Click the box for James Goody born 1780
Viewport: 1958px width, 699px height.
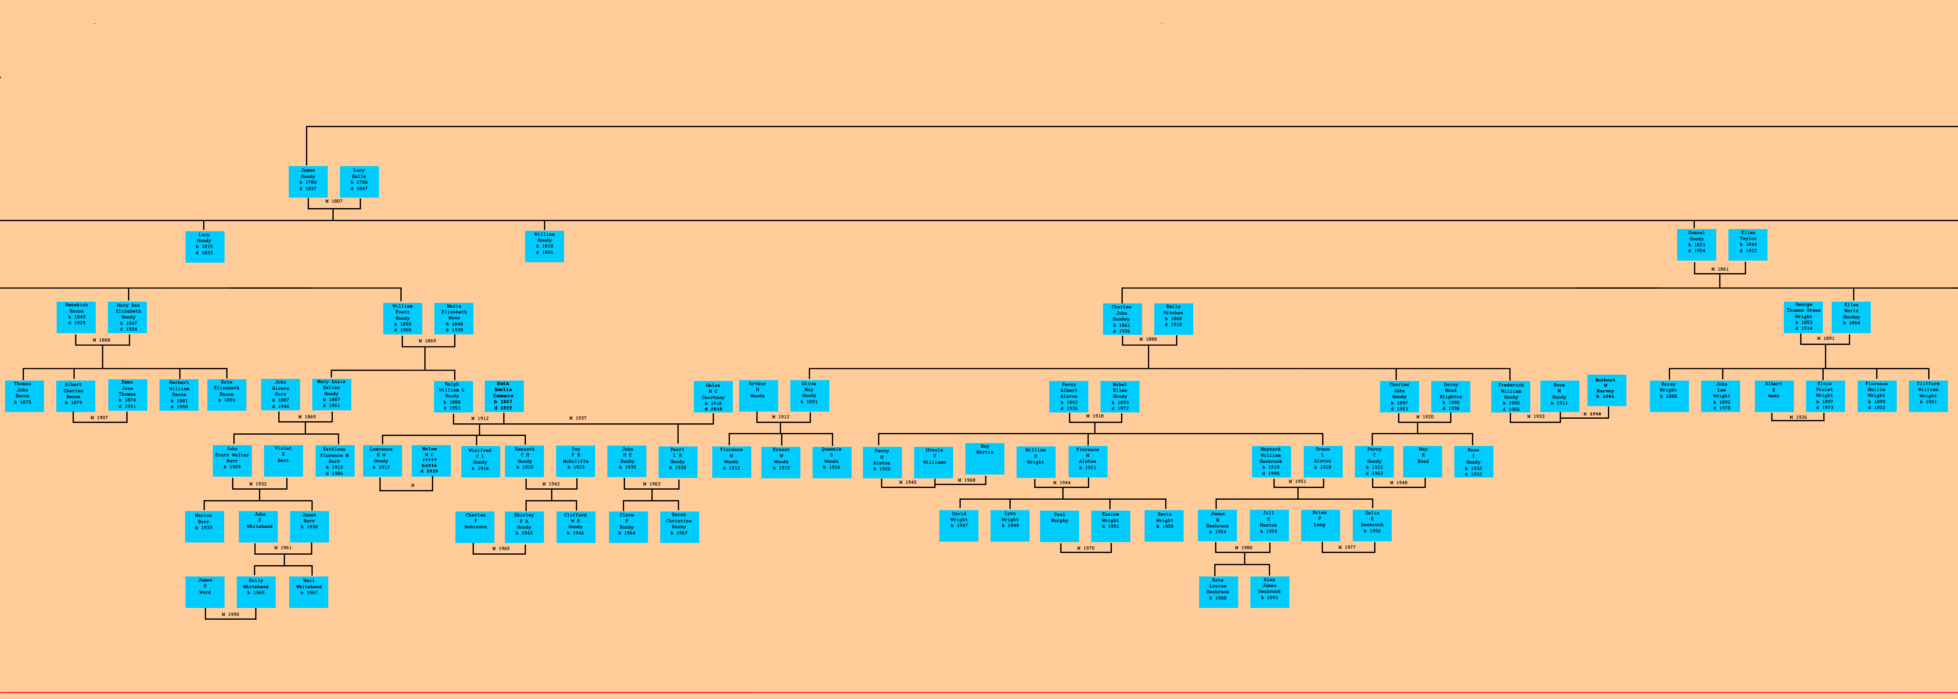coord(308,182)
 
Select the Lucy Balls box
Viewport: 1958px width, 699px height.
coord(359,182)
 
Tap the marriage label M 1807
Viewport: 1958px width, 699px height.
coord(334,201)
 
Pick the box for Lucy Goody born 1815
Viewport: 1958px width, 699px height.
coord(204,246)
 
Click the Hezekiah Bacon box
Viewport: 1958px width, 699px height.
coord(76,317)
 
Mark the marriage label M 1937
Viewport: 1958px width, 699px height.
coord(578,418)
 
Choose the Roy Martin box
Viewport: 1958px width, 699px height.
coord(984,458)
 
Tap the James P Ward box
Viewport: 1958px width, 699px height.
coord(205,592)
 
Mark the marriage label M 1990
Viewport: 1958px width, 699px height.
coord(230,614)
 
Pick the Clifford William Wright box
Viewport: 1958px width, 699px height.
coord(1928,396)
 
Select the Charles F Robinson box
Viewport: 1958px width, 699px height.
coord(475,527)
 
